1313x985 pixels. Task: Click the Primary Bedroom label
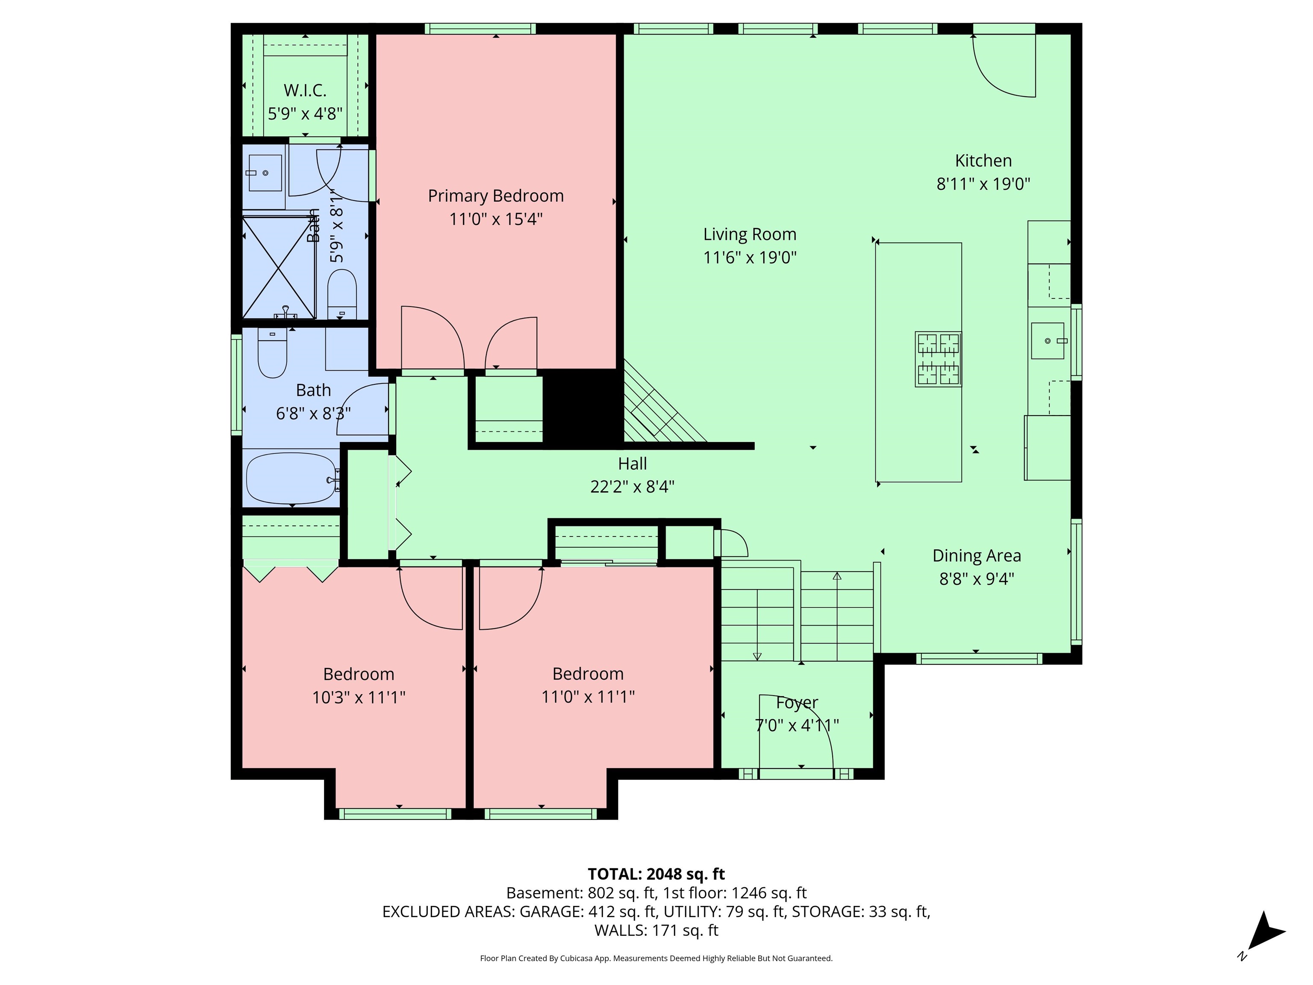[496, 196]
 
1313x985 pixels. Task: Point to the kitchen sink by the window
[1048, 341]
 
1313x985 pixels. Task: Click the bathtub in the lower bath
[291, 478]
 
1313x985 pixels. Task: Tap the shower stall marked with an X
[278, 268]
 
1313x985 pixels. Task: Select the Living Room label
[750, 235]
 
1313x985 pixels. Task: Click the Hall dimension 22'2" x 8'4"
[632, 487]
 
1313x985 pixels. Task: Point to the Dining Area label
[977, 556]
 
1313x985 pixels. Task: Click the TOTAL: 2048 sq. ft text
[656, 874]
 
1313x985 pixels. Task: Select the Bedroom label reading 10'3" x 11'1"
[359, 697]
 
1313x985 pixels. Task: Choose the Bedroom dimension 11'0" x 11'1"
[588, 696]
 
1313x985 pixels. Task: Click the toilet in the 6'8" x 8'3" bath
[272, 354]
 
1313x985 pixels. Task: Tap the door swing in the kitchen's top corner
[1003, 65]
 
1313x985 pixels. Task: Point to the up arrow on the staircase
[837, 576]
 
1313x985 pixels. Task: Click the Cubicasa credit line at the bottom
[656, 958]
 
